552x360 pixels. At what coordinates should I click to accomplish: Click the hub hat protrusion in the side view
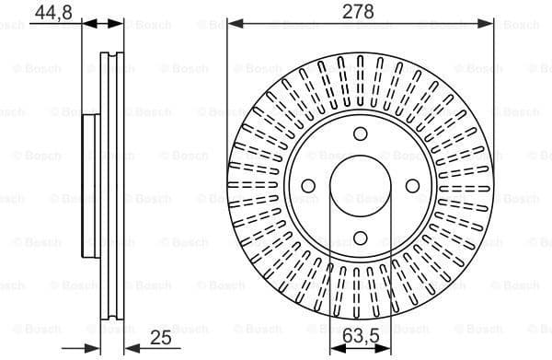(90, 188)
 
